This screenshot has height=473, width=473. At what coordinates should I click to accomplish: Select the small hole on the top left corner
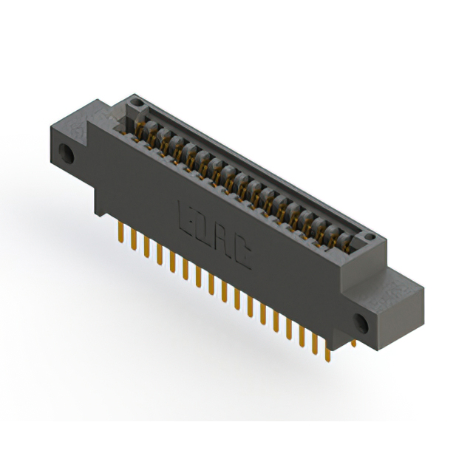point(135,101)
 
